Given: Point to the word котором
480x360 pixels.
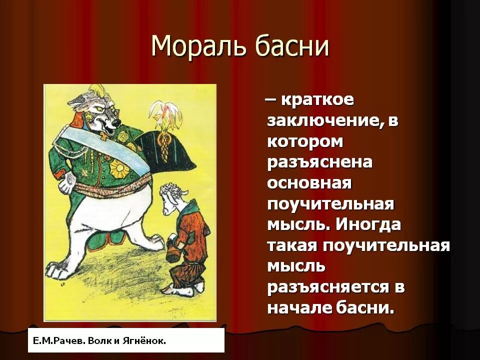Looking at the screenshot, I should tap(305, 141).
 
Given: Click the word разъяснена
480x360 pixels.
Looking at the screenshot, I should tap(320, 162).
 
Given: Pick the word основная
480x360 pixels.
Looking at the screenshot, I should tap(310, 183).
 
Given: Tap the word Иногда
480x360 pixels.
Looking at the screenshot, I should tap(368, 224).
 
